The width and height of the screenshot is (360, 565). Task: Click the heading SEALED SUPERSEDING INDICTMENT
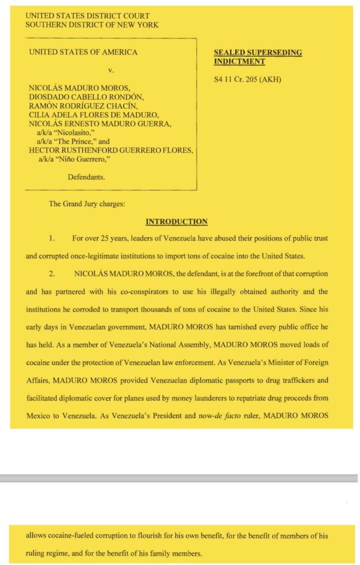coord(257,57)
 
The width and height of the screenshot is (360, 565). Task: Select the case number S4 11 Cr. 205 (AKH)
coord(247,79)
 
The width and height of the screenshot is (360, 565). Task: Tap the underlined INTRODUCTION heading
coord(177,222)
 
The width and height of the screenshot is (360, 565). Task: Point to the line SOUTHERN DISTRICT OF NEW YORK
coord(92,25)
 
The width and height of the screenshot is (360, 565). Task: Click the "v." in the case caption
coord(110,70)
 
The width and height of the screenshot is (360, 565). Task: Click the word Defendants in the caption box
coord(86,178)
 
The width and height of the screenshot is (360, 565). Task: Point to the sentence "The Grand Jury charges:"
coord(87,204)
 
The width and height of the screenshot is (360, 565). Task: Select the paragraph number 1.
coord(51,238)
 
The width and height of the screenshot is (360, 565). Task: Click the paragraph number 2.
coord(51,274)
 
